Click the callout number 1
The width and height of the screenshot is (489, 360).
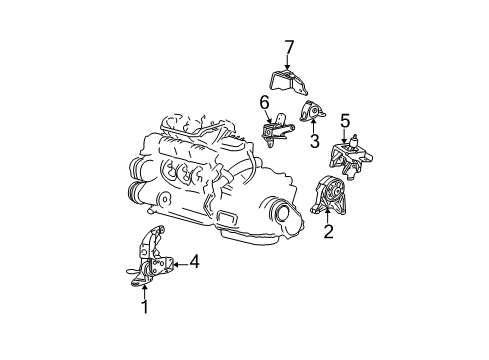pos(144,307)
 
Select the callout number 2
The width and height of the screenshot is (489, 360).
pos(327,233)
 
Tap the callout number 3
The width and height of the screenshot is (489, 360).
pos(314,143)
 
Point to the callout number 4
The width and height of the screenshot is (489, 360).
pos(194,262)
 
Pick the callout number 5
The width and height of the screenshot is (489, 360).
pos(345,122)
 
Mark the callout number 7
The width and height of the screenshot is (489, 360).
pos(288,47)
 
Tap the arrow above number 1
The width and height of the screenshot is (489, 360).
pos(144,291)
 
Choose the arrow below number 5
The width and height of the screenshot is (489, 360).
pos(345,138)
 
